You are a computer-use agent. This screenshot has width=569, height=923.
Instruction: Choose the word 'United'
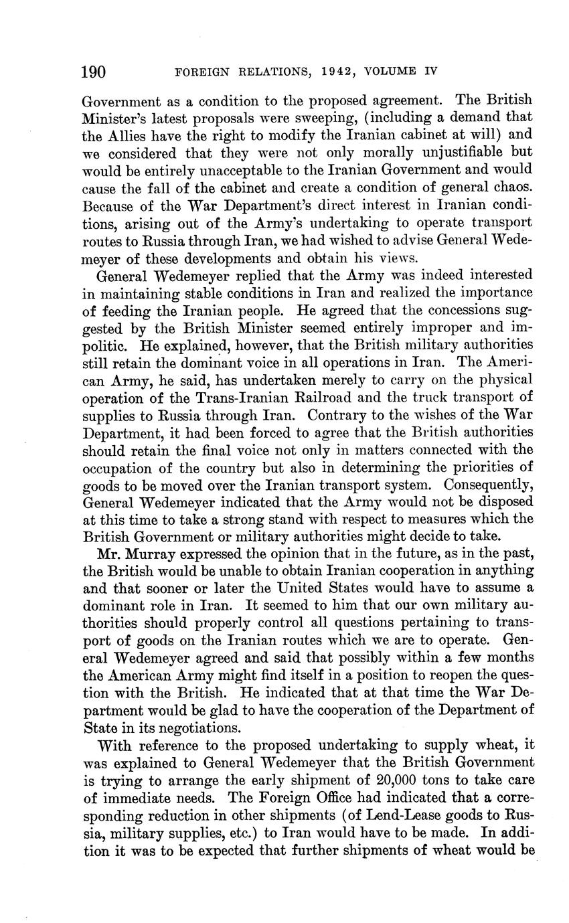322,588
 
